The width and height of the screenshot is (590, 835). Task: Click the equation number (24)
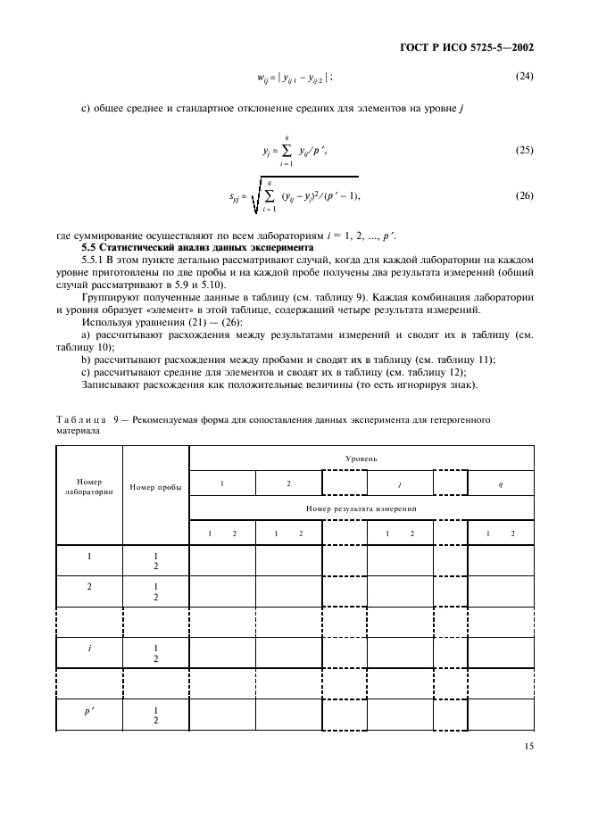pyautogui.click(x=524, y=76)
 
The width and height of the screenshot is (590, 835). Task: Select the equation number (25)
pyautogui.click(x=524, y=150)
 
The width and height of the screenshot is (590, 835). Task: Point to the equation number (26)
pyautogui.click(x=524, y=194)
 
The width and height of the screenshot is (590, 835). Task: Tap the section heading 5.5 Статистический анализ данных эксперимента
pyautogui.click(x=197, y=246)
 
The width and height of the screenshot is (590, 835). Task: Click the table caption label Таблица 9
pyautogui.click(x=81, y=417)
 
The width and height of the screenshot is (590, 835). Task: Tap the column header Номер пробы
pyautogui.click(x=155, y=487)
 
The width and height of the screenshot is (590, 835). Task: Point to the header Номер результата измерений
pyautogui.click(x=361, y=508)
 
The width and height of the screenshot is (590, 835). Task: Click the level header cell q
pyautogui.click(x=500, y=484)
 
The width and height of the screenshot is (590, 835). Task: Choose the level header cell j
pyautogui.click(x=399, y=484)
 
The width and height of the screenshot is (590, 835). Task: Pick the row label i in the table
pyautogui.click(x=89, y=649)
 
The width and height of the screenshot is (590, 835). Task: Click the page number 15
pyautogui.click(x=528, y=748)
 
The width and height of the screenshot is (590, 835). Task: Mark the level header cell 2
pyautogui.click(x=288, y=484)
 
